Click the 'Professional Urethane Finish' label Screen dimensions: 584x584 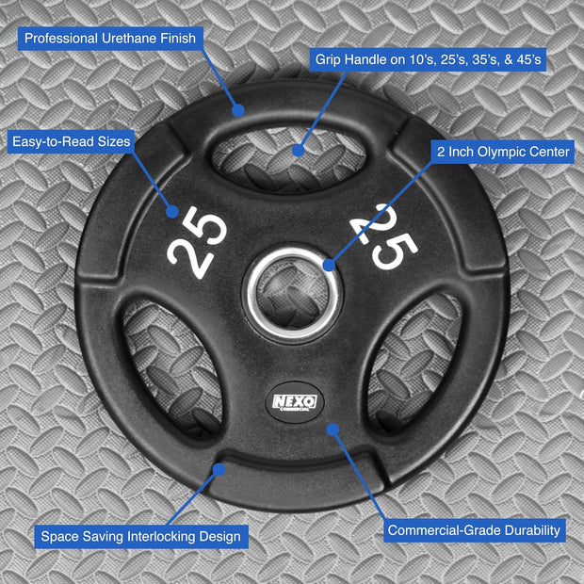111,39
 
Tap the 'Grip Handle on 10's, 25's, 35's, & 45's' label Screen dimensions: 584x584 429,59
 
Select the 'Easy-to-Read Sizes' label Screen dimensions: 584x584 71,141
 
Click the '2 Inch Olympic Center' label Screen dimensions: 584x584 502,151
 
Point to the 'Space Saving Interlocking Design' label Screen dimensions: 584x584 140,537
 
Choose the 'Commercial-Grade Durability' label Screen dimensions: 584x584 475,530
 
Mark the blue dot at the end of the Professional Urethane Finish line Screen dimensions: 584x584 238,110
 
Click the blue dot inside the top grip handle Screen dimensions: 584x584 298,149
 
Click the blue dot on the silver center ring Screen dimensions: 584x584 329,265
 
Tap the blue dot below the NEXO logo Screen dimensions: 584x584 332,430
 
